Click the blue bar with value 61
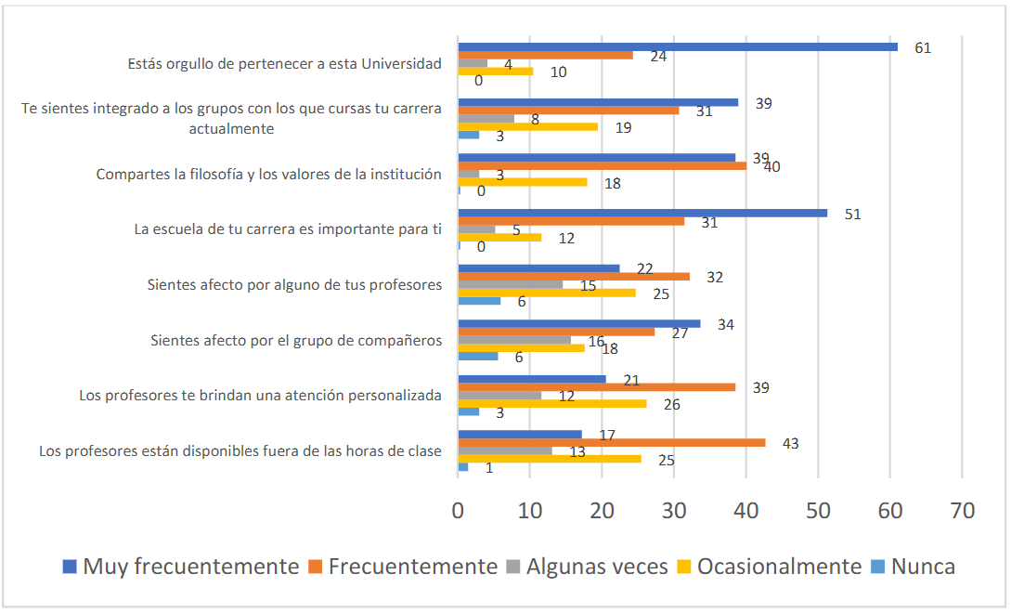[x=678, y=46]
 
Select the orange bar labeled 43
[x=612, y=443]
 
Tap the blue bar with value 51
[x=642, y=213]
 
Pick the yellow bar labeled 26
[x=552, y=403]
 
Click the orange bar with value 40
[x=603, y=166]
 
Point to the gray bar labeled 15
[x=511, y=284]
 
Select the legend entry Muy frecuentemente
[x=181, y=567]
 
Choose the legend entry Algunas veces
[x=588, y=567]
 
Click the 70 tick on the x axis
[x=963, y=510]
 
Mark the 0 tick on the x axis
[x=459, y=510]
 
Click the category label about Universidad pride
[x=284, y=65]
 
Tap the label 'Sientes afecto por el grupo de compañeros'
[x=296, y=340]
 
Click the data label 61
[x=923, y=48]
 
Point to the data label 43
[x=791, y=444]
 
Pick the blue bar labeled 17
[x=520, y=435]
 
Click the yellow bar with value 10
[x=496, y=71]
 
